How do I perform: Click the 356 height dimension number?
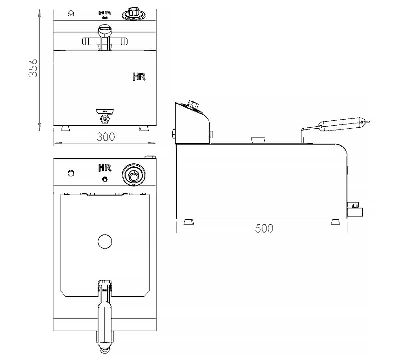[33, 68]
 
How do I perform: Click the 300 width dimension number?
[106, 137]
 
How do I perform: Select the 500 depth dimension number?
[264, 228]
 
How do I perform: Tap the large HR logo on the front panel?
[139, 77]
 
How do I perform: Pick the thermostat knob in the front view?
[134, 14]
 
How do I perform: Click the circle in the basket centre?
[105, 241]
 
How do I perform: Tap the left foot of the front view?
[65, 128]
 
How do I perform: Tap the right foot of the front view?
[144, 128]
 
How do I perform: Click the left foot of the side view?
[189, 222]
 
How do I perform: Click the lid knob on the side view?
[258, 139]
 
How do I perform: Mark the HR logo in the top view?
[105, 168]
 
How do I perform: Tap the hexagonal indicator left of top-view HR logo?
[71, 173]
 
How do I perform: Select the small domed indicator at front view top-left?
[71, 13]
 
